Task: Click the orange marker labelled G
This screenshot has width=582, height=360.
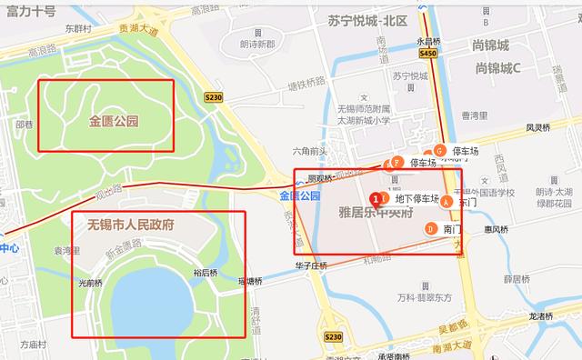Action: (439, 150)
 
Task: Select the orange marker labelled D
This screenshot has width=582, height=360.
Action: (430, 229)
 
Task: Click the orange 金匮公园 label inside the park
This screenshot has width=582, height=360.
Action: (113, 120)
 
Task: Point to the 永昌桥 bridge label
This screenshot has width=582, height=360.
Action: (429, 40)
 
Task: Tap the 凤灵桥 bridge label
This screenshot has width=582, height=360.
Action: (541, 128)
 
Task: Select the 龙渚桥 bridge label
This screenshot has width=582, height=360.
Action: (541, 315)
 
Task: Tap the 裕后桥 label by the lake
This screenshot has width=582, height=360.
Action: (206, 272)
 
